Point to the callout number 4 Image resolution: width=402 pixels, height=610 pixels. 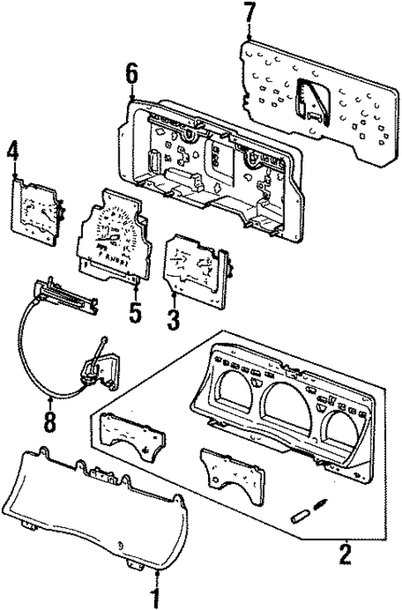pos(12,152)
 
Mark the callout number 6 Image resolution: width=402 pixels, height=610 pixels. pos(131,75)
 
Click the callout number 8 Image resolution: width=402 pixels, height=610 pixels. pos(51,423)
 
